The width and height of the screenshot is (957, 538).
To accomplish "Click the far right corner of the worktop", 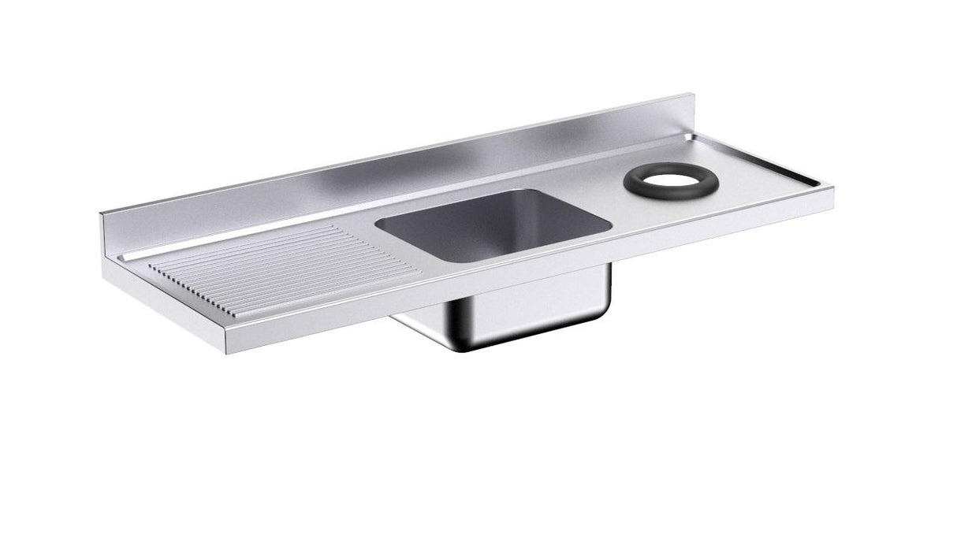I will (832, 187).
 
